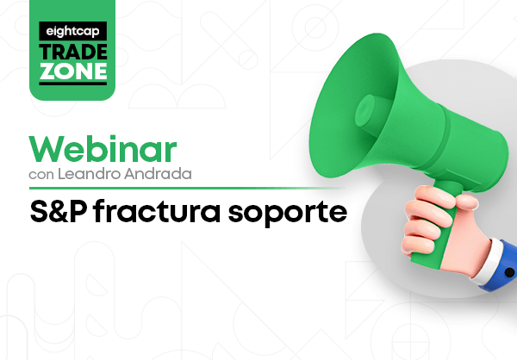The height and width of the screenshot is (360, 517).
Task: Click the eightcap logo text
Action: [x=72, y=32]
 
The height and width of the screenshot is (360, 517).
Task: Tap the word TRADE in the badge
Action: [x=73, y=52]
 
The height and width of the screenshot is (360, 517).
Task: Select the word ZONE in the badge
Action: [x=73, y=71]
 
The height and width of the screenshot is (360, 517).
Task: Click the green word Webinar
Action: [x=103, y=149]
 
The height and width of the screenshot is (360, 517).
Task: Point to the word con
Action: [x=41, y=175]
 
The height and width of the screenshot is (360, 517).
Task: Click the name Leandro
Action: [x=89, y=174]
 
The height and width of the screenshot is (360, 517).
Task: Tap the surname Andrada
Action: [x=158, y=174]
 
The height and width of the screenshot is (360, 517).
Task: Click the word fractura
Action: [x=157, y=210]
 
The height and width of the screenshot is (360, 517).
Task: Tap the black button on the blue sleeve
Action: [x=509, y=272]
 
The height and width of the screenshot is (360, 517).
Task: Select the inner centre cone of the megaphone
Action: [x=365, y=110]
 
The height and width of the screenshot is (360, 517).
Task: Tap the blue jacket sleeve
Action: [x=503, y=267]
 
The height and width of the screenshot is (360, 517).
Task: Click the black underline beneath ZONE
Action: [x=73, y=83]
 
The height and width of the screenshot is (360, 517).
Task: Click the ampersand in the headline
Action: [x=59, y=211]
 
